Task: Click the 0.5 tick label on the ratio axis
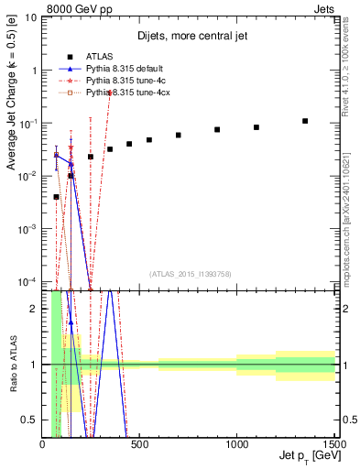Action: [30, 420]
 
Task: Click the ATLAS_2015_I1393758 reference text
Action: [189, 273]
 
